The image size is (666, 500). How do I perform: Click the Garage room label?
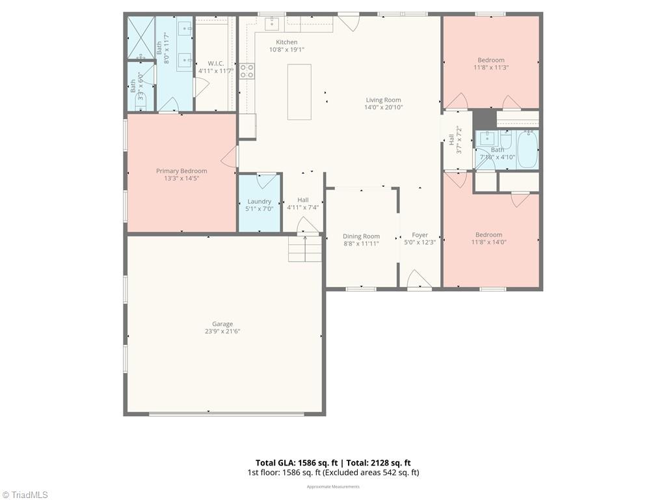click(x=222, y=324)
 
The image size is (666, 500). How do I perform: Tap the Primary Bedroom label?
click(x=181, y=171)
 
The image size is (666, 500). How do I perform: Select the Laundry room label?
click(x=259, y=201)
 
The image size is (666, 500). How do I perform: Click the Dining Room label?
click(x=361, y=236)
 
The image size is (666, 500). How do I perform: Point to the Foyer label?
click(x=420, y=235)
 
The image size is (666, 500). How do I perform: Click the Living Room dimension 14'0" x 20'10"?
click(x=383, y=107)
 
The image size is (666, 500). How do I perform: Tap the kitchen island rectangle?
click(x=299, y=92)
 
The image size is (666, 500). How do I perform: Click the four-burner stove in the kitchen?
click(x=246, y=71)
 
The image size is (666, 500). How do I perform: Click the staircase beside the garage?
click(x=305, y=249)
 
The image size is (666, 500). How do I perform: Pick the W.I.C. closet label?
click(x=216, y=63)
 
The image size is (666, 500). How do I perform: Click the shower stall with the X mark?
click(x=140, y=38)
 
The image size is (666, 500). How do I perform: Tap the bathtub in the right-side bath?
click(x=527, y=149)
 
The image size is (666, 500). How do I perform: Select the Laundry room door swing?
click(x=266, y=180)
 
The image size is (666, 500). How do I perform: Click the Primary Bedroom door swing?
click(x=229, y=156)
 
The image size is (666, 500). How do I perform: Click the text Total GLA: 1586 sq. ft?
click(x=293, y=462)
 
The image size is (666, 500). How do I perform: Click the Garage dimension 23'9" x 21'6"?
click(x=222, y=331)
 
